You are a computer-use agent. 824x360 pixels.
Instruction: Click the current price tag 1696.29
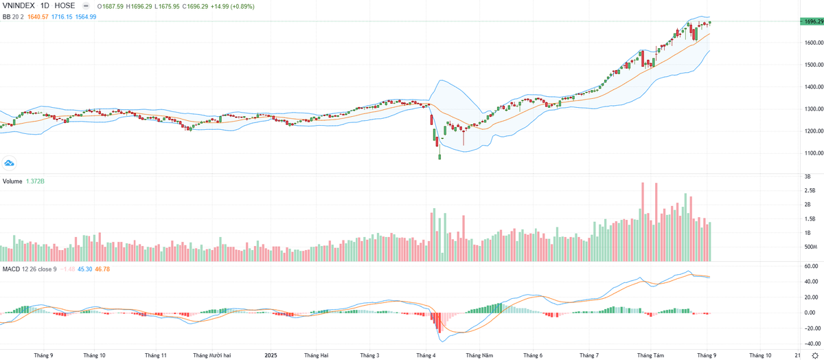pyautogui.click(x=812, y=22)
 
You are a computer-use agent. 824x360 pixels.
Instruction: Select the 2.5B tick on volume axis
pyautogui.click(x=810, y=190)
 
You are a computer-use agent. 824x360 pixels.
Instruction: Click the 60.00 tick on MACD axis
pyautogui.click(x=810, y=266)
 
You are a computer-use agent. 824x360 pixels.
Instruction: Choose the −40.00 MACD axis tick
pyautogui.click(x=810, y=344)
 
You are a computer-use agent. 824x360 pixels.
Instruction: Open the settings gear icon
pyautogui.click(x=815, y=355)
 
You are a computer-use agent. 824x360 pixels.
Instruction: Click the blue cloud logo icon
pyautogui.click(x=10, y=163)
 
